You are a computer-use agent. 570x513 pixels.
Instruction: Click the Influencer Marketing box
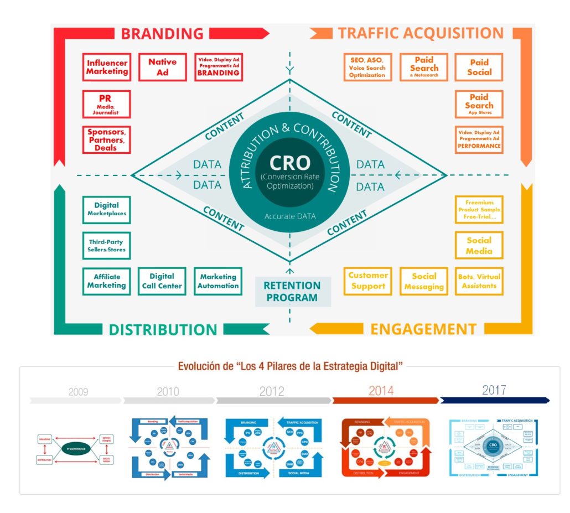click(107, 68)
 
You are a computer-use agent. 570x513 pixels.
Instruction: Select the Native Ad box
click(162, 68)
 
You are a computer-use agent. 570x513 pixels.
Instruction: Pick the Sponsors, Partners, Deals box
click(106, 140)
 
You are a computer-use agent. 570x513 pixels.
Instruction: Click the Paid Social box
click(479, 68)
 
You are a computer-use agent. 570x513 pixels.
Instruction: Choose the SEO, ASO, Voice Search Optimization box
click(367, 68)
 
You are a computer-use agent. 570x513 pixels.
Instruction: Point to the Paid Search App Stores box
click(479, 104)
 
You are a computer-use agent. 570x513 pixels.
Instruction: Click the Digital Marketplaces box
click(106, 209)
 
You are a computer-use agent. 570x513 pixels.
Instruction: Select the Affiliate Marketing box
click(106, 281)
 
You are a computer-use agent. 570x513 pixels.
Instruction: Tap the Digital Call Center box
click(162, 281)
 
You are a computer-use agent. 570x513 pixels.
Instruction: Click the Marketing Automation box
click(218, 281)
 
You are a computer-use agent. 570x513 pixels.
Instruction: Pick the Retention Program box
click(292, 292)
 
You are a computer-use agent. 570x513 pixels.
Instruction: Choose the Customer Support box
click(368, 281)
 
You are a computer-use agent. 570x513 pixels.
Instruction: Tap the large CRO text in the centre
click(289, 163)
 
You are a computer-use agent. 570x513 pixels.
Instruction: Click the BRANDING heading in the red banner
click(162, 33)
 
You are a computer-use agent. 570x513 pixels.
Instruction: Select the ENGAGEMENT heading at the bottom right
click(423, 329)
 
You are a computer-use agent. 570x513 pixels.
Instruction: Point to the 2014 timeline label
click(381, 391)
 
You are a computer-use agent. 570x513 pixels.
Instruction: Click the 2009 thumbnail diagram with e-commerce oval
click(74, 449)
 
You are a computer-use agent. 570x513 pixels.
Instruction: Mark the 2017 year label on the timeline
click(494, 390)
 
